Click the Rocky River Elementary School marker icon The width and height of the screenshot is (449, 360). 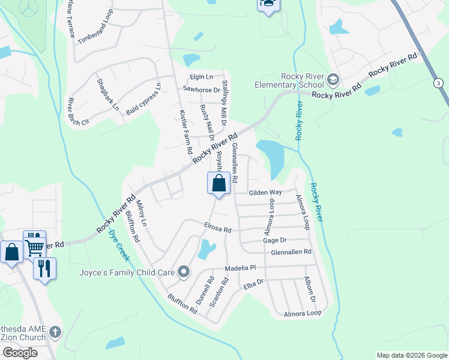pos(333,80)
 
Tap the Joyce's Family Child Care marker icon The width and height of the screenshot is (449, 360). pos(184,272)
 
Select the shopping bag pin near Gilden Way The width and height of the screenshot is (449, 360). pos(218,183)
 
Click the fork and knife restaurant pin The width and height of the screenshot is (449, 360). pos(44,267)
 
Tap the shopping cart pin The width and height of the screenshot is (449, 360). pos(34,246)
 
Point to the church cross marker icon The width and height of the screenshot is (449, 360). pos(55,331)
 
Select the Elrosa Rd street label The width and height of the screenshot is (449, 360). pos(217,229)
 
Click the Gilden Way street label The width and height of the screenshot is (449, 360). pos(266,193)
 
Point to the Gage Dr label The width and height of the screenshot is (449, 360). pos(274,240)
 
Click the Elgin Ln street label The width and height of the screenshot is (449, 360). pos(201,77)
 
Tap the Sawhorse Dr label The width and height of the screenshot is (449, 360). pos(198,89)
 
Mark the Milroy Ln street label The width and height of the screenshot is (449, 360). pos(142,213)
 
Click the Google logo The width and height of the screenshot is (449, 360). pos(20,353)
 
